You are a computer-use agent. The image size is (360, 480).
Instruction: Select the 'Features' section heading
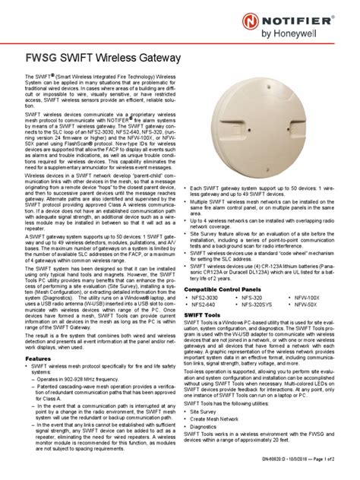(39, 358)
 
